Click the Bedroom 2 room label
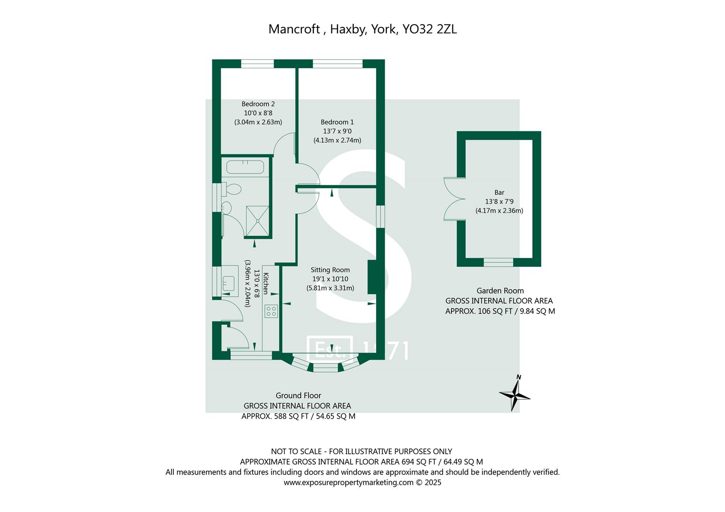[x=258, y=104]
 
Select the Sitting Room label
[x=330, y=270]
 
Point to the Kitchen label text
[x=266, y=283]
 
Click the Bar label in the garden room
[x=499, y=192]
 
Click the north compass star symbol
[x=514, y=394]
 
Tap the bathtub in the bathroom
[x=245, y=167]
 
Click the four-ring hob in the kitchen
[x=271, y=311]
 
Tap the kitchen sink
[x=230, y=283]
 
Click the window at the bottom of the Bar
[x=498, y=262]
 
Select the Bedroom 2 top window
[x=257, y=64]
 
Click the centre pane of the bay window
[x=325, y=367]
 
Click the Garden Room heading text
[x=500, y=291]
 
